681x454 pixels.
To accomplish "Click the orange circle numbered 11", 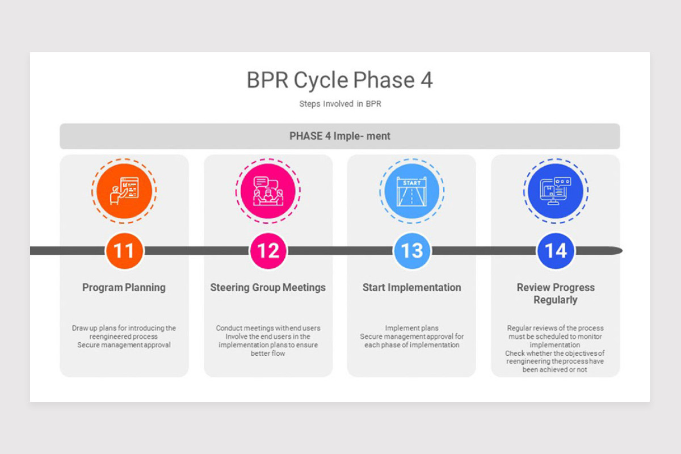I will click(124, 251).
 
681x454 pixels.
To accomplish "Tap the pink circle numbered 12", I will click(268, 251).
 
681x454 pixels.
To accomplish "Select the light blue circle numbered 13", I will click(412, 251).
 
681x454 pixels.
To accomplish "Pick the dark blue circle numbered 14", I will click(556, 251).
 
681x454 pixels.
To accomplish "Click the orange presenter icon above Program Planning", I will click(124, 190).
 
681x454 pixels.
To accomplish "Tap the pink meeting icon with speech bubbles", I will click(268, 190).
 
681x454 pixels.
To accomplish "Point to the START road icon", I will click(412, 190).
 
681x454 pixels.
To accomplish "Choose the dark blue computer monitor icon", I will click(556, 190).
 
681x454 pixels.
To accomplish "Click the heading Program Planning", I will click(124, 288).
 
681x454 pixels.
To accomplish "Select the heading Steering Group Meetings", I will click(268, 288).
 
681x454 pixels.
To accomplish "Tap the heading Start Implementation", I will click(412, 288).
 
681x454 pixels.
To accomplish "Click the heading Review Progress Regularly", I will click(556, 293).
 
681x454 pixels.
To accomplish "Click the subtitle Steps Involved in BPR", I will click(340, 104).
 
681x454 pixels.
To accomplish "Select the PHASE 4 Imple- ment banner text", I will click(340, 136).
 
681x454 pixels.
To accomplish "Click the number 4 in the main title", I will click(426, 81).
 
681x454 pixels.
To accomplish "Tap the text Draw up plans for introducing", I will click(124, 328).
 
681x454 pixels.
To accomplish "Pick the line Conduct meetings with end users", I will click(268, 328).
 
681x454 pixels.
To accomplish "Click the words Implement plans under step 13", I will click(412, 328).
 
